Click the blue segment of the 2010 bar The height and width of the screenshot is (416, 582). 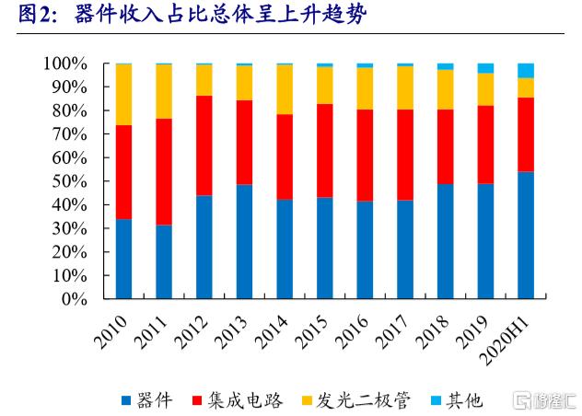tap(123, 259)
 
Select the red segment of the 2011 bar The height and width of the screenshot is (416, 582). tap(164, 171)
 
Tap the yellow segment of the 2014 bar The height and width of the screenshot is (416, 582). tap(285, 89)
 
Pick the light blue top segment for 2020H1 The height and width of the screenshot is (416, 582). tap(526, 70)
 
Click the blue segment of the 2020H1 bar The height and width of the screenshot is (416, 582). tap(526, 235)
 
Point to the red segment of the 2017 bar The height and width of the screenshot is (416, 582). tap(405, 155)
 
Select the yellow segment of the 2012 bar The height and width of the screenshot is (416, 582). tap(204, 80)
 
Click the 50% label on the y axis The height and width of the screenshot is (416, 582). tap(68, 181)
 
